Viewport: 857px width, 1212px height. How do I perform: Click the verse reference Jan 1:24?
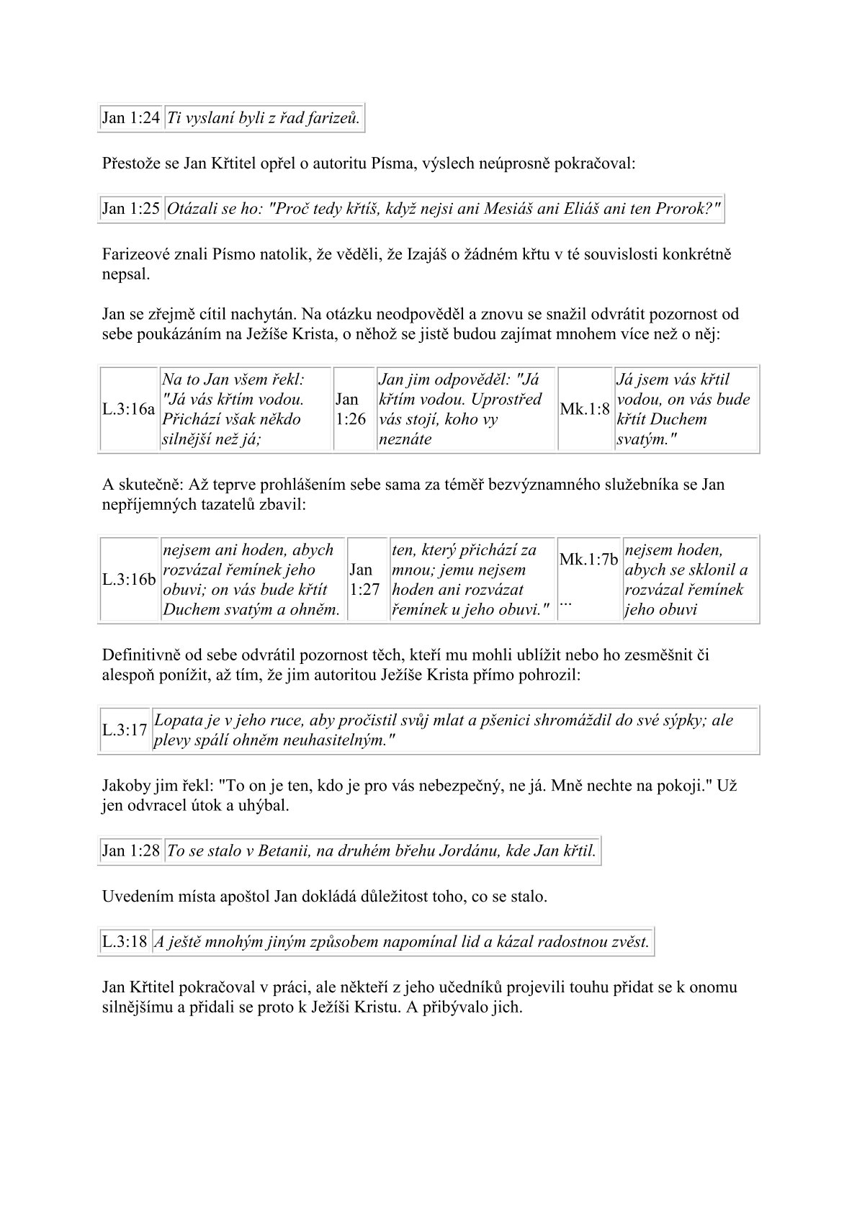(130, 118)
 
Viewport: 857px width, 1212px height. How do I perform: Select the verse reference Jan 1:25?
(130, 209)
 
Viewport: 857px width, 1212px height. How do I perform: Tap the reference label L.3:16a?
(128, 409)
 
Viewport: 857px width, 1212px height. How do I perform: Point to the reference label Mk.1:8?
(585, 409)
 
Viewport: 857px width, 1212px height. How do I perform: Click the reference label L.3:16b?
(128, 580)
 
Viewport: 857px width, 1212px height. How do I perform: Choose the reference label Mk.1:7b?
(588, 560)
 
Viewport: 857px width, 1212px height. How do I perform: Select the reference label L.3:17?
(125, 730)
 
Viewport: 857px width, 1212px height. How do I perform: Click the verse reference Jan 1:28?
(130, 851)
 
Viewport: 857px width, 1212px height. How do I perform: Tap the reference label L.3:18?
(125, 941)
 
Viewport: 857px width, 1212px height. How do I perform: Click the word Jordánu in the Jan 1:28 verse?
(461, 851)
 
